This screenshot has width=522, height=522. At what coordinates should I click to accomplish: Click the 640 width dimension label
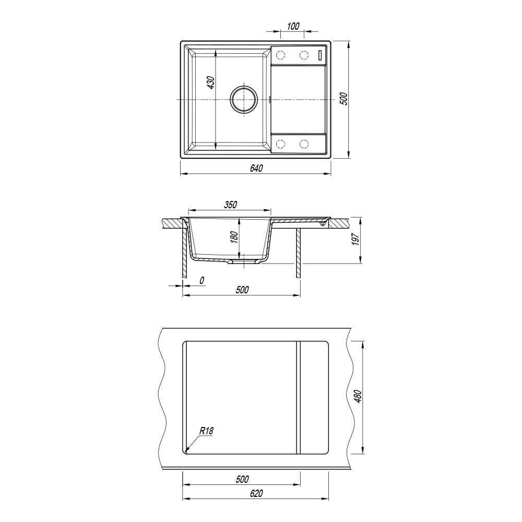(x=256, y=169)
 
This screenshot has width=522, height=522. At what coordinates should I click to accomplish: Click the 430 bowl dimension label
(x=211, y=82)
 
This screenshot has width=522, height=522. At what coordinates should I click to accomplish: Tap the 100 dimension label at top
(x=293, y=26)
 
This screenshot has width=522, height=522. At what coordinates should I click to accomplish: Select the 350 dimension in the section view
(x=230, y=205)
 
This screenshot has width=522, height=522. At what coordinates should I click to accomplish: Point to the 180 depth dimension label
(x=234, y=237)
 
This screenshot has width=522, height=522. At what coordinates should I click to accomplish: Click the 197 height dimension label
(x=355, y=240)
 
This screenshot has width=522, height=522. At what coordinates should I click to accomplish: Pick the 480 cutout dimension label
(x=358, y=396)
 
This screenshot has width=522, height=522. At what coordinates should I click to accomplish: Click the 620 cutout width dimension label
(x=256, y=493)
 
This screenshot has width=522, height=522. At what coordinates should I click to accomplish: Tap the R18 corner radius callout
(x=206, y=431)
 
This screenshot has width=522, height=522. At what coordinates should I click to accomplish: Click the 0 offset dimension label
(x=201, y=281)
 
